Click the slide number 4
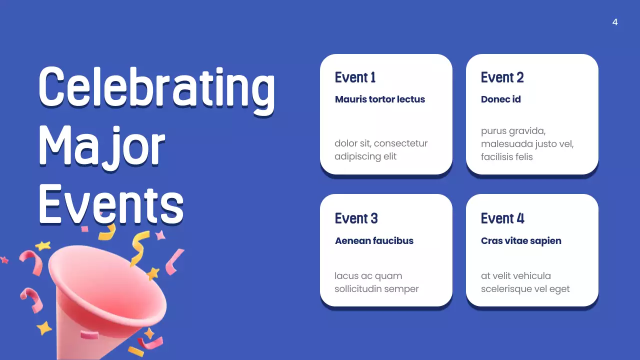[x=615, y=22]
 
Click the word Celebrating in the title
[x=156, y=88]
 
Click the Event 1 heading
[x=355, y=77]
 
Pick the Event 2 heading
[x=502, y=77]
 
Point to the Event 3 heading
[x=356, y=218]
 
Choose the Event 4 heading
[x=502, y=218]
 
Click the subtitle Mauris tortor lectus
[x=380, y=99]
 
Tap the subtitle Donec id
[x=501, y=99]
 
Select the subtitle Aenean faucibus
[x=374, y=240]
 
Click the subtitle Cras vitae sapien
[x=521, y=240]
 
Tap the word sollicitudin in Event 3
[x=363, y=289]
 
